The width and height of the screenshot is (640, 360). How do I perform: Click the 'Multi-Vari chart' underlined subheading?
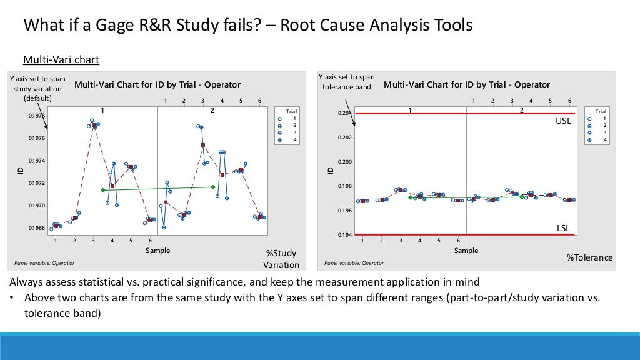pos(61,60)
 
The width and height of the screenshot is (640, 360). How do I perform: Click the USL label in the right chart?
pos(563,121)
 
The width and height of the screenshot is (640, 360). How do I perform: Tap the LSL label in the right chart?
pos(563,228)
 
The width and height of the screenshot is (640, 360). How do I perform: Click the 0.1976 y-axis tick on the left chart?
pos(36,138)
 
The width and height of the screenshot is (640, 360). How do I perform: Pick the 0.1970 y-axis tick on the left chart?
pos(36,206)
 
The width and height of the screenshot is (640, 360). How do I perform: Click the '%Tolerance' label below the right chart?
pos(589,257)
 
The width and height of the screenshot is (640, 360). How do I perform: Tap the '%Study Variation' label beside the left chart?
pos(281,259)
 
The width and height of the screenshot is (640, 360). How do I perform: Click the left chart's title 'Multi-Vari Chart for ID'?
pos(157,85)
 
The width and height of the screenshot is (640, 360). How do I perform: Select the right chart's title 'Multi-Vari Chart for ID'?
pos(467,84)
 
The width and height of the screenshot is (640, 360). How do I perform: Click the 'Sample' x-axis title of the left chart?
pos(157,251)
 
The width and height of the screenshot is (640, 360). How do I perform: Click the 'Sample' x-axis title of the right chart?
pos(466,251)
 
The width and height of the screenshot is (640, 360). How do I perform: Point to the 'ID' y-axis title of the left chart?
pos(21,170)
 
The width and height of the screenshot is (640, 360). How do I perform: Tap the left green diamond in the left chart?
pos(102,190)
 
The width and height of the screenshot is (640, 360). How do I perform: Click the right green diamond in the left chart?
pos(213,187)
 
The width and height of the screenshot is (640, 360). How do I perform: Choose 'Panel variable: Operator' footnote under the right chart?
pos(354,263)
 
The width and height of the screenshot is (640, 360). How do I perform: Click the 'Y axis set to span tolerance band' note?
pos(346,82)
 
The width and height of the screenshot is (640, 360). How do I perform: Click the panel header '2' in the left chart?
pos(212,110)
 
